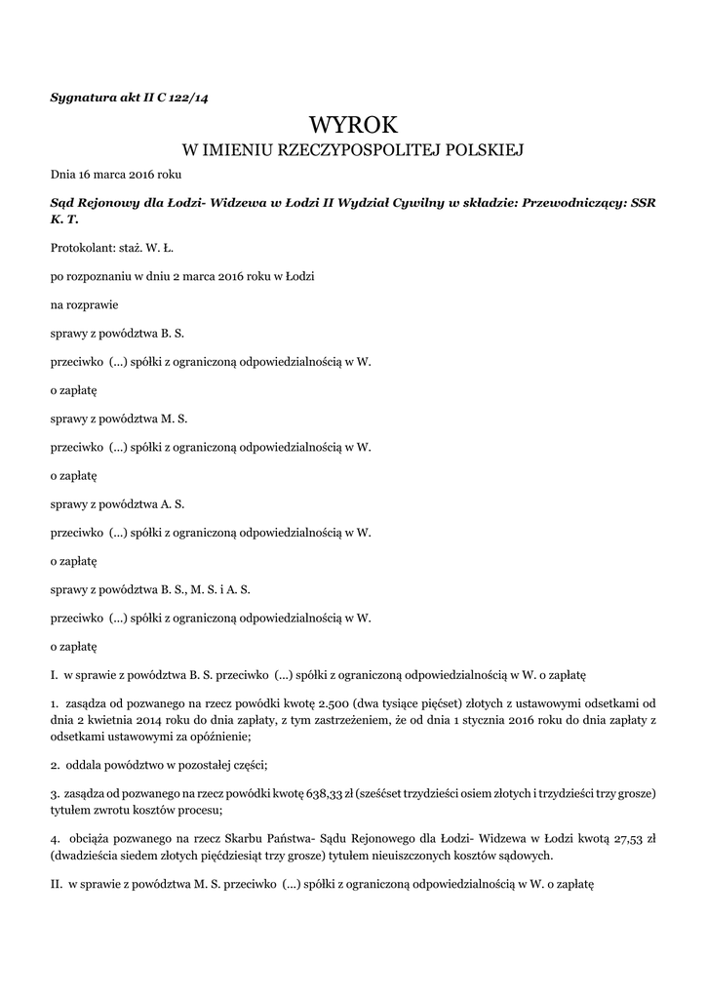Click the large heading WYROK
click(x=353, y=124)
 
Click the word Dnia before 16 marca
click(x=63, y=175)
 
